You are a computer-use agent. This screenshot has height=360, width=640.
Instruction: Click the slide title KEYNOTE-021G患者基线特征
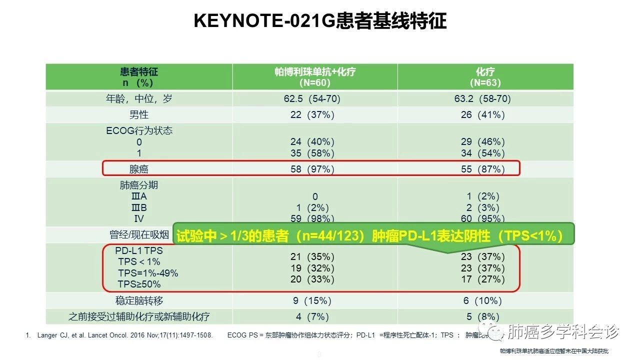[x=320, y=21]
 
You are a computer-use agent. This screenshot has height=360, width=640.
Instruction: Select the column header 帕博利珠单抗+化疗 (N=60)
[x=315, y=77]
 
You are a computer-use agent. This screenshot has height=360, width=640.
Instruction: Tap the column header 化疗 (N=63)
[x=485, y=77]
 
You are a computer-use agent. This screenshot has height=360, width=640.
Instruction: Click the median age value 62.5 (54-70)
[x=312, y=99]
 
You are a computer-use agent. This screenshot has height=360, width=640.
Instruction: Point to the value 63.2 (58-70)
[x=482, y=99]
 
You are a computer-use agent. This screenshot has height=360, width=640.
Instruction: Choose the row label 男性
[x=139, y=115]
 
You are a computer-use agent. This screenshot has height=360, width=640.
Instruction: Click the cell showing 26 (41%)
[x=482, y=115]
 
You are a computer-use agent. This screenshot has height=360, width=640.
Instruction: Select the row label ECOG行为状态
[x=139, y=130]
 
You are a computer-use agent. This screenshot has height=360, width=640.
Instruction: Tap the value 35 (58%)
[x=312, y=153]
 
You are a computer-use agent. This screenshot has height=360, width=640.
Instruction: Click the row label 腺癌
[x=139, y=169]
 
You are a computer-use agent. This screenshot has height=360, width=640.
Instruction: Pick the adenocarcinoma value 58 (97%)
[x=312, y=169]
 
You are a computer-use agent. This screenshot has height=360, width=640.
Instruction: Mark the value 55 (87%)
[x=482, y=169]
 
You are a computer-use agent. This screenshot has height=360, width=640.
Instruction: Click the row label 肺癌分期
[x=139, y=185]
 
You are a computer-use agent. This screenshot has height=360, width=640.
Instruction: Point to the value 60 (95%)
[x=482, y=218]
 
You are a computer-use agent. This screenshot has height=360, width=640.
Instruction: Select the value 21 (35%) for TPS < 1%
[x=312, y=257]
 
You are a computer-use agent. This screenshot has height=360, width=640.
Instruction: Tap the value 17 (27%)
[x=482, y=279]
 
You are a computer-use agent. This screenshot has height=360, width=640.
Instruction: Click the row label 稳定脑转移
[x=139, y=301]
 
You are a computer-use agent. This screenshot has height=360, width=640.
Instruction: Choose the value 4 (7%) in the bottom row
[x=312, y=317]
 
